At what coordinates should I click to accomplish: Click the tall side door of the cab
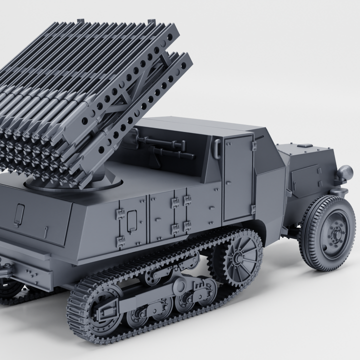237,178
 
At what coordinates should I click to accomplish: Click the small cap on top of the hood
303,145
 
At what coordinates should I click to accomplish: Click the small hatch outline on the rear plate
19,214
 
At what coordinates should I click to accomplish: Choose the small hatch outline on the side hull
131,218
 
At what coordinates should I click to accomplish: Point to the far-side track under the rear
15,292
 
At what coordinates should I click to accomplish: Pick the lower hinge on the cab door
253,208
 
